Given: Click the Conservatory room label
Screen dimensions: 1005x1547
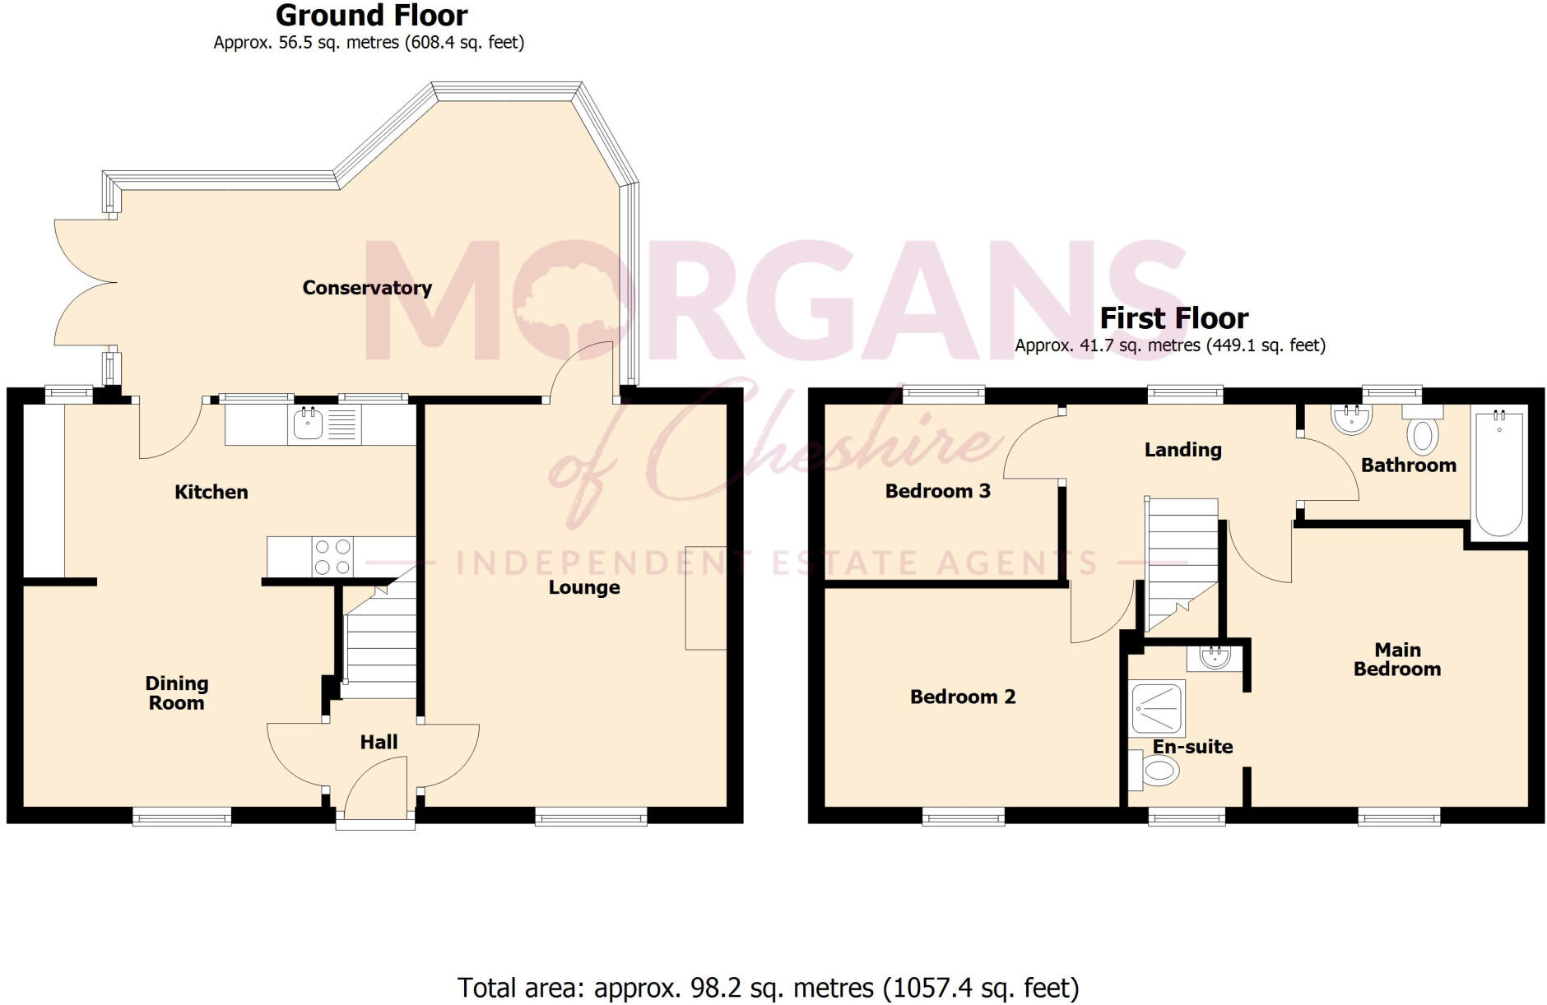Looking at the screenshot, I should (x=367, y=288).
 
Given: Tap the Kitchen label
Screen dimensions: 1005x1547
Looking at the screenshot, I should (x=211, y=492).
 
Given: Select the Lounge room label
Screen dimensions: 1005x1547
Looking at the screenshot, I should (x=584, y=587).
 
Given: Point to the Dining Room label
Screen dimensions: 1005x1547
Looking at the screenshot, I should (x=176, y=692).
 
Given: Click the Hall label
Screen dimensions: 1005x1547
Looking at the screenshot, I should (x=379, y=742).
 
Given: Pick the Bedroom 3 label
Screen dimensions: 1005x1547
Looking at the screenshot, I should (x=937, y=491).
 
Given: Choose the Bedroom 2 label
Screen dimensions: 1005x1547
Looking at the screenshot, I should (x=963, y=697).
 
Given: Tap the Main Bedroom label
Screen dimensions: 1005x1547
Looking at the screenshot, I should (x=1397, y=660).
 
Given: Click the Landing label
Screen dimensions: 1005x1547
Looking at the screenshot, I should (x=1182, y=449).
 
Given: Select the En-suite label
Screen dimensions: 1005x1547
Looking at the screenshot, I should (x=1192, y=747).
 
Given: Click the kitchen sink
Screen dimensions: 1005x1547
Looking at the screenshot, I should (x=309, y=424).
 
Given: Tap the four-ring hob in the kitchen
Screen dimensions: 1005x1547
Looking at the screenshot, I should (x=332, y=557).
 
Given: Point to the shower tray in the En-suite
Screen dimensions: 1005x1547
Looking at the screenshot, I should (x=1159, y=706).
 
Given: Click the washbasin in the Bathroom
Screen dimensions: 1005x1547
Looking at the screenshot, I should (x=1351, y=419).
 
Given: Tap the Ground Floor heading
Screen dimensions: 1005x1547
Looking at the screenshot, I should (x=371, y=16).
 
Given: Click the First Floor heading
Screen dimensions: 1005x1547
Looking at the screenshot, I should (x=1173, y=317).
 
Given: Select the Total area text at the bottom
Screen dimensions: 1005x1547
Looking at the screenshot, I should (x=768, y=987).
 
